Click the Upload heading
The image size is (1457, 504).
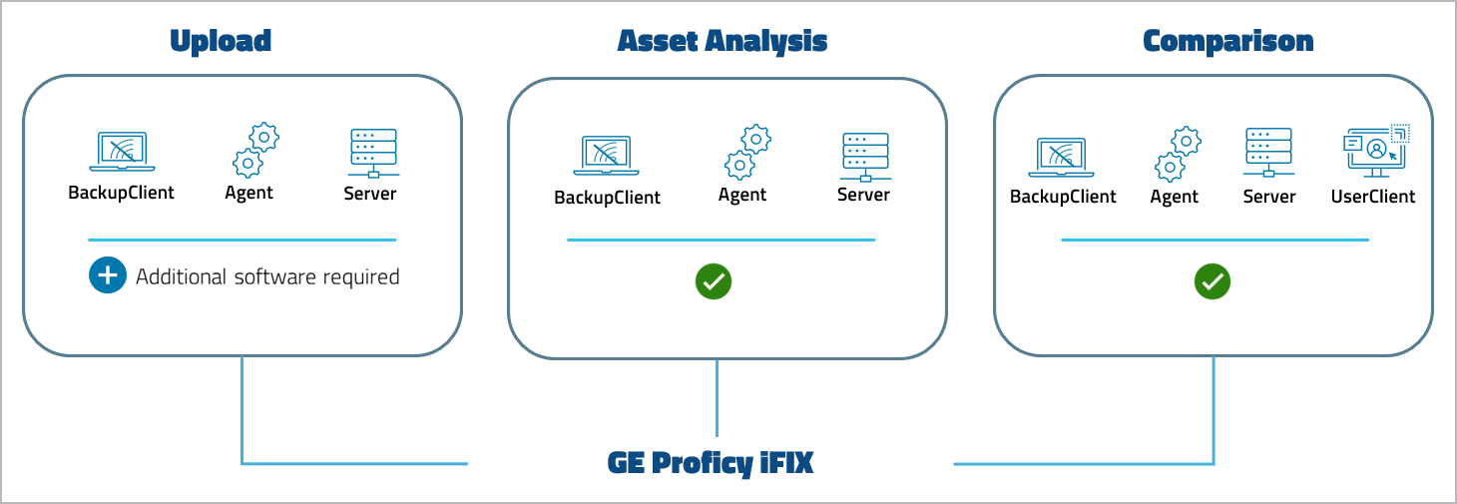click(221, 41)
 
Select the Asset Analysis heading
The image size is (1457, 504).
click(723, 41)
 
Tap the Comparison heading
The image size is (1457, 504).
click(1227, 41)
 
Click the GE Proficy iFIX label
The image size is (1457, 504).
click(711, 464)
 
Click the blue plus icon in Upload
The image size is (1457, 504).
click(107, 276)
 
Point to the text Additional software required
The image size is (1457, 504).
click(267, 276)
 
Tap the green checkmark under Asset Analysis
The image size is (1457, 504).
click(714, 281)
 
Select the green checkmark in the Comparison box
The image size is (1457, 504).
click(1213, 281)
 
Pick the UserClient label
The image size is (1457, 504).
click(1373, 197)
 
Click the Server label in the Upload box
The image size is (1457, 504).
click(370, 194)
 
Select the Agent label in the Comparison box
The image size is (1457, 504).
click(1174, 197)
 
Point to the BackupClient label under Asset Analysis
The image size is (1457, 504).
click(607, 198)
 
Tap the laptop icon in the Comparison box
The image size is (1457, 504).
click(1063, 158)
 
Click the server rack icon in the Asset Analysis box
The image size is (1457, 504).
click(863, 155)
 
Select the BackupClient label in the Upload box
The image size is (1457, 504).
click(121, 193)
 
